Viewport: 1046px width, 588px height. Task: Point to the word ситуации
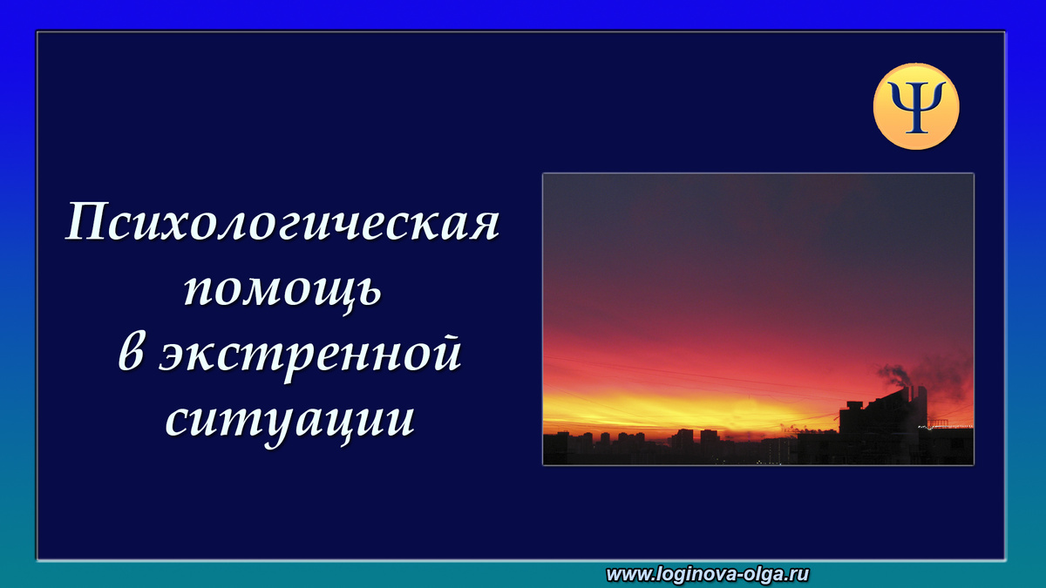click(x=289, y=420)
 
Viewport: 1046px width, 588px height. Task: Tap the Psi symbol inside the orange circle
click(x=916, y=106)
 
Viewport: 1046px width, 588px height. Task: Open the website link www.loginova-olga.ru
click(x=708, y=573)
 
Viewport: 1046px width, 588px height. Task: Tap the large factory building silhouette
click(x=880, y=427)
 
